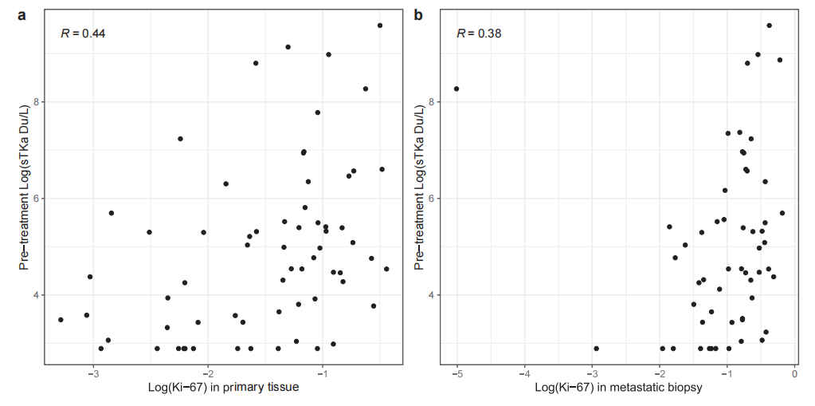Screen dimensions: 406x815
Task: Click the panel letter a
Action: [22, 14]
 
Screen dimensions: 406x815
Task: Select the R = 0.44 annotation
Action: [83, 34]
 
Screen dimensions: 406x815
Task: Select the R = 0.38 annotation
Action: [479, 34]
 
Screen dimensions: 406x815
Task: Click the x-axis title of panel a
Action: [223, 388]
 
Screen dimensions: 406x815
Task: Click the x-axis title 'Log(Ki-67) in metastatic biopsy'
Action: [618, 388]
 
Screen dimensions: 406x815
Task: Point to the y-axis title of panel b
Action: [420, 187]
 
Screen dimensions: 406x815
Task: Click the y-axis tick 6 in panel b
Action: [431, 199]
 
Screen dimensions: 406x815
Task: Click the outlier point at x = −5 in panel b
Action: [456, 89]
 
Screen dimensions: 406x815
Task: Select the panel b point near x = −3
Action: [596, 349]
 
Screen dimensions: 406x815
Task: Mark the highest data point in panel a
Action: [380, 26]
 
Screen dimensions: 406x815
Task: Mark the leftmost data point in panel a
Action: [61, 320]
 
